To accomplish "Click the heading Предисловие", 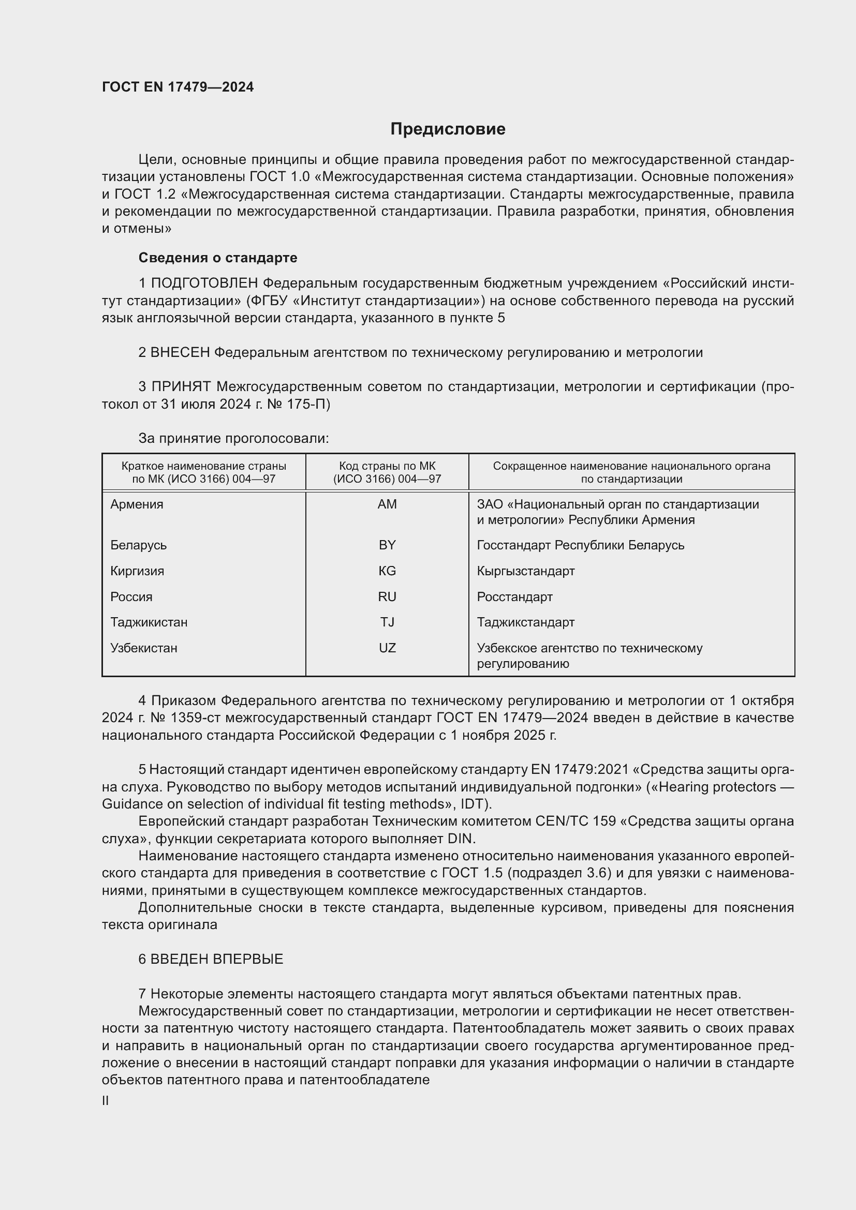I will (x=448, y=129).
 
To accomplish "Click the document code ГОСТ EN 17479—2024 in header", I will (x=178, y=87).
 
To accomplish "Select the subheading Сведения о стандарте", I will (x=218, y=258).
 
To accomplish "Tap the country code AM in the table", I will (x=387, y=504).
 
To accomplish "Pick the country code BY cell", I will (x=387, y=545).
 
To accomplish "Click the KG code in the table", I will (x=387, y=571).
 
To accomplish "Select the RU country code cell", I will (x=387, y=596).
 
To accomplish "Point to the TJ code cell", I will (x=387, y=622).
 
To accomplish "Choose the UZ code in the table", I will (x=387, y=648).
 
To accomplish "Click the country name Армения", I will (x=137, y=504).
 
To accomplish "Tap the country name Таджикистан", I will (x=149, y=622).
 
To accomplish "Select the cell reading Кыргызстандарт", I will (x=525, y=571).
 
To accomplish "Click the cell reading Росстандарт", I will (x=514, y=596).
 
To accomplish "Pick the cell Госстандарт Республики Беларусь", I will (x=580, y=545).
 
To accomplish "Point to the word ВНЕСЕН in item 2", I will (x=180, y=353).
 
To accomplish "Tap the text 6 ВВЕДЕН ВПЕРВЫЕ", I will (x=211, y=959).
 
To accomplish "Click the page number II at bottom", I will (x=106, y=1100).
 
